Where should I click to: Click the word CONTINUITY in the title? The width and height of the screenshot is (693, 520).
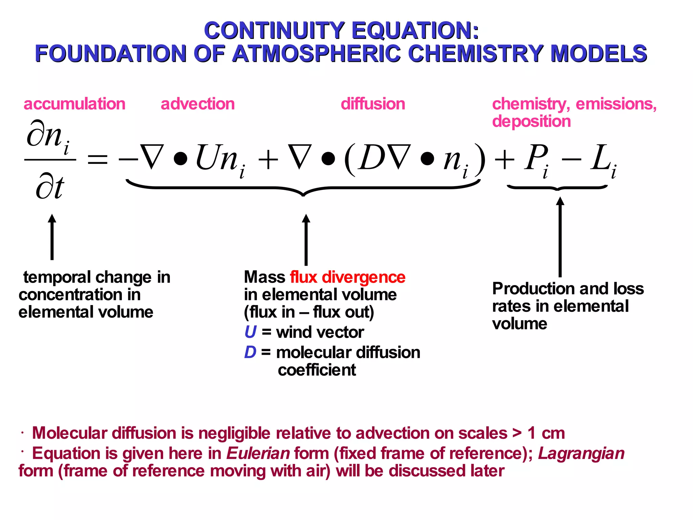tap(274, 31)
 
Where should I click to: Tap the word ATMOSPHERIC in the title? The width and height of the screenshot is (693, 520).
tap(317, 54)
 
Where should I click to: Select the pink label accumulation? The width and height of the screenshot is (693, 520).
tap(74, 104)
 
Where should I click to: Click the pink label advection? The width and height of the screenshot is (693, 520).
tap(198, 104)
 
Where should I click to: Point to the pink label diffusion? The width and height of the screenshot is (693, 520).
tap(373, 104)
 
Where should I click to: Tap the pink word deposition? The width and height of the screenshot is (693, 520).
tap(531, 122)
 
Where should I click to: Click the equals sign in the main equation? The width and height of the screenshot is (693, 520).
tap(97, 159)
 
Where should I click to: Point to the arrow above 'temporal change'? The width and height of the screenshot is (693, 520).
tap(52, 237)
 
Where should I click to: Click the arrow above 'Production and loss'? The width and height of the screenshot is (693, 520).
tap(560, 237)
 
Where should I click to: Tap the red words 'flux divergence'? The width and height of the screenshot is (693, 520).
tap(348, 277)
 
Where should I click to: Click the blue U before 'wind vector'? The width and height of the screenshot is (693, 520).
tap(250, 332)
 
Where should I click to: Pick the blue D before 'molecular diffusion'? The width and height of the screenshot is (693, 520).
tap(250, 352)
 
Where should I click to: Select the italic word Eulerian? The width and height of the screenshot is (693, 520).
tap(258, 453)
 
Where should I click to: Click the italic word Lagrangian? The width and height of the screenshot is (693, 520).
tap(581, 453)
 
